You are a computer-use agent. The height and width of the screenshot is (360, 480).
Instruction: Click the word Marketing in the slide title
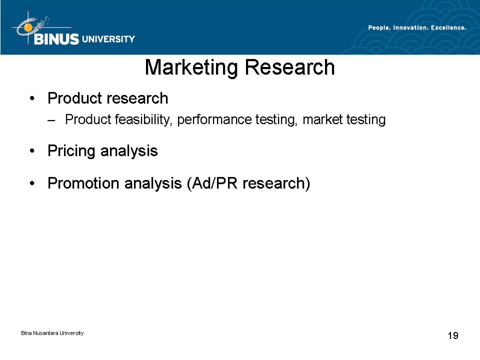(191, 68)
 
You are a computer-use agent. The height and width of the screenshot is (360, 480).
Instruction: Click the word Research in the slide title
(290, 67)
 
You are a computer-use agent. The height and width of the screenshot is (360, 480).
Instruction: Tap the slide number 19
(453, 335)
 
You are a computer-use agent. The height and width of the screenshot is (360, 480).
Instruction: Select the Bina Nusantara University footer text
(52, 333)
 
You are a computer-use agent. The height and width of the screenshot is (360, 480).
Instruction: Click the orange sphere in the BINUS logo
(28, 27)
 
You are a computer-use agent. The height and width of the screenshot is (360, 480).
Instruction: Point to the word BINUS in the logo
(56, 39)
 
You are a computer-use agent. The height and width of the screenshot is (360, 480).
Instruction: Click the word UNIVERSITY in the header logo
(108, 39)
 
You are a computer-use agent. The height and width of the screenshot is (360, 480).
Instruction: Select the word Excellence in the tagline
(448, 27)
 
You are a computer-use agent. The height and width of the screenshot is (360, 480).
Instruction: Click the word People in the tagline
(379, 28)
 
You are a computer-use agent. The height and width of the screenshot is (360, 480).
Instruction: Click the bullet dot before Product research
(32, 98)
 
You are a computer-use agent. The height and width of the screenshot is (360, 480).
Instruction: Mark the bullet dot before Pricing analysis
(32, 151)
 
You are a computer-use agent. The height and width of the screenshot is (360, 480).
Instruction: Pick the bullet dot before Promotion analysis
(32, 183)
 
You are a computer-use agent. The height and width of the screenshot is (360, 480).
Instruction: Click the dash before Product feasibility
(51, 120)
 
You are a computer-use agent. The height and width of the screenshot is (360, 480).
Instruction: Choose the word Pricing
(71, 151)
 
